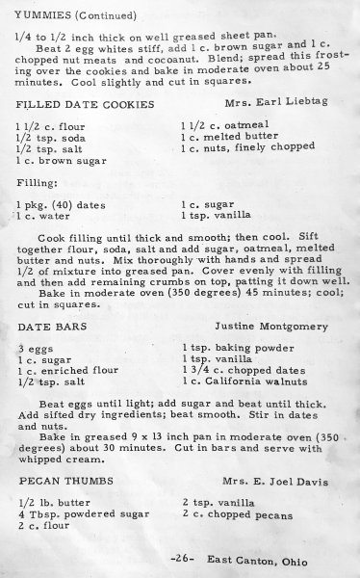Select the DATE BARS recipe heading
[43, 327]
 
